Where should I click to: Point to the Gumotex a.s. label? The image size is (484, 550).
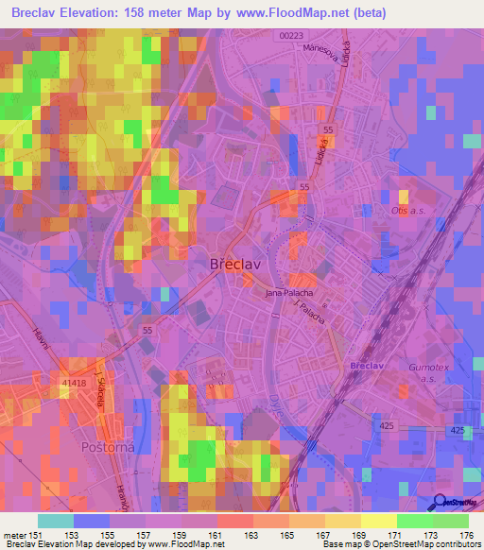pos(415,376)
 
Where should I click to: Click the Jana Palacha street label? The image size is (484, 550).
pos(288,294)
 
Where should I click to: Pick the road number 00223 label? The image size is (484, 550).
pos(292,36)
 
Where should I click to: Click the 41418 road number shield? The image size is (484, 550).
pos(75,383)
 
